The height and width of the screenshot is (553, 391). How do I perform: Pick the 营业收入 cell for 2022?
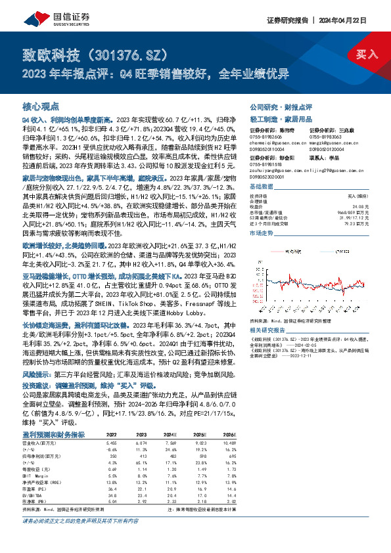tap(94, 424)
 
